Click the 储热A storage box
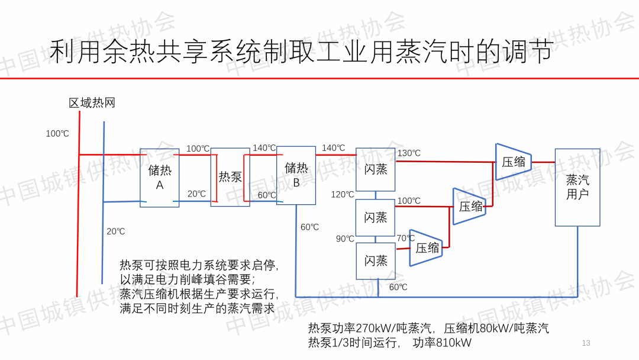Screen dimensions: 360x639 tap(159, 177)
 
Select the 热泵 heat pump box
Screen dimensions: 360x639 tap(230, 176)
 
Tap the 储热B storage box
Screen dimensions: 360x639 tap(296, 175)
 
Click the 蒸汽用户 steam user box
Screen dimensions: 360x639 tap(577, 187)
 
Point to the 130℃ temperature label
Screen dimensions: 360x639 tap(409, 153)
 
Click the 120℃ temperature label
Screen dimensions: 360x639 tap(343, 194)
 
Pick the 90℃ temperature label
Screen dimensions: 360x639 tap(345, 239)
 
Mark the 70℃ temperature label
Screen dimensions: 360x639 tap(405, 238)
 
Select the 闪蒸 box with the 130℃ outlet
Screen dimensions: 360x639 tap(375, 169)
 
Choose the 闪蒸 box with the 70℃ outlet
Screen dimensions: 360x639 tap(375, 261)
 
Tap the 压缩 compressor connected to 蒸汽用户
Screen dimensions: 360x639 tap(513, 161)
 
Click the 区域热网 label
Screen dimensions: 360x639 tap(92, 103)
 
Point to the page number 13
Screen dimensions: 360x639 tap(586, 343)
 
